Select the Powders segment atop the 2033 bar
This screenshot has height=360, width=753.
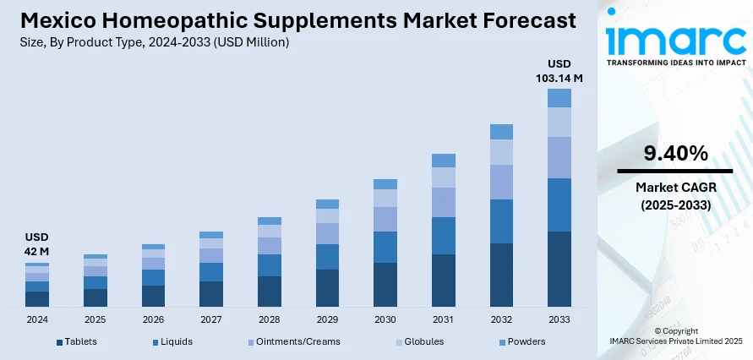coord(559,98)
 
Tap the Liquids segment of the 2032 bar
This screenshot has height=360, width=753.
coord(501,221)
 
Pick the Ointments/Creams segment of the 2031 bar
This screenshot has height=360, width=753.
coord(444,202)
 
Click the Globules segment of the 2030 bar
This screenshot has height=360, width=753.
coord(385,198)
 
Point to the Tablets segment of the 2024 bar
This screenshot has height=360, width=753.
coord(37,298)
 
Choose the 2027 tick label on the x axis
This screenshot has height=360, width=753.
coord(211,320)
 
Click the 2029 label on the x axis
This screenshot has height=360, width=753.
coord(327,320)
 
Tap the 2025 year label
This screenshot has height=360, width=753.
coord(95,320)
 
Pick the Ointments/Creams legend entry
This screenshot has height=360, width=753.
coord(295,341)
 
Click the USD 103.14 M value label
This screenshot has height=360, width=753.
coord(559,71)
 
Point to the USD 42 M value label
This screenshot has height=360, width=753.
coord(37,244)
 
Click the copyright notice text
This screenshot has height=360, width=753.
coord(675,335)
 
